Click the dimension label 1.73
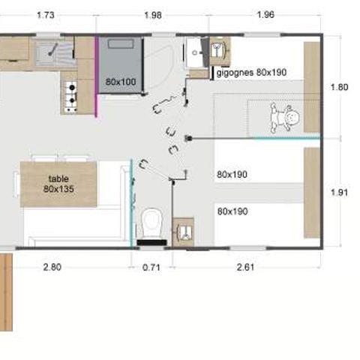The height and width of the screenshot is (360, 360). click(46, 15)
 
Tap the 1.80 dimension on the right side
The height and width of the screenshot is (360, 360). click(339, 87)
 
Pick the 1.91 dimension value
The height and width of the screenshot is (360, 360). click(339, 192)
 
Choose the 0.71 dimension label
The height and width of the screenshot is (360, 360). click(152, 265)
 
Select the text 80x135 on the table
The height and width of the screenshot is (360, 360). click(58, 190)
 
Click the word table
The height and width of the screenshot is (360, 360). click(58, 179)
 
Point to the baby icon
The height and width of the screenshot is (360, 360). click(286, 117)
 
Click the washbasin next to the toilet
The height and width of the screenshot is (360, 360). click(182, 230)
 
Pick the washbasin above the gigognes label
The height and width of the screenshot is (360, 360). click(198, 52)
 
